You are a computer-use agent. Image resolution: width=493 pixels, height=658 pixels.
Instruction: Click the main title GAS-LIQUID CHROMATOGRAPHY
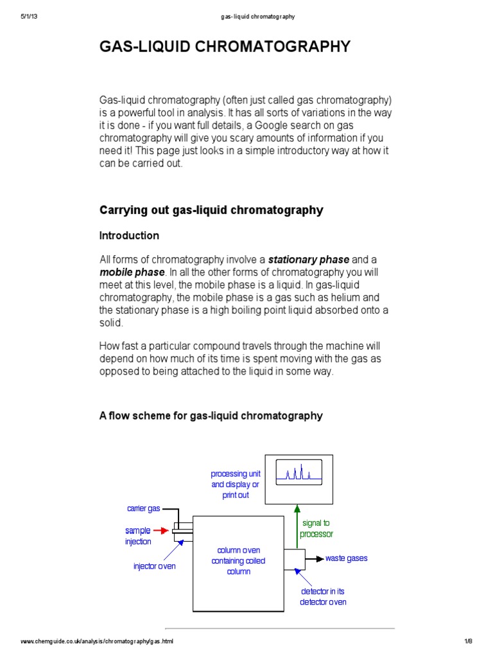pos(225,46)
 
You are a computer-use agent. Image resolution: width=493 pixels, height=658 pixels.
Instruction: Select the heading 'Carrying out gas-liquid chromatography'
pos(211,210)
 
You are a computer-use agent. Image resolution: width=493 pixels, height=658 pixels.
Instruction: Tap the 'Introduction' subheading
pos(129,236)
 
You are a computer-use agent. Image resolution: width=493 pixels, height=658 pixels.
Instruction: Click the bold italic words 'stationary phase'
pos(308,260)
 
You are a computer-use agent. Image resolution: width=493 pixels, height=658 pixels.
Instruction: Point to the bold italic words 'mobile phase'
pos(132,272)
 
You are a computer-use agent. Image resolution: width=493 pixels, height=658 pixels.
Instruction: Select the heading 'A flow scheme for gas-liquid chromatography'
pos(211,416)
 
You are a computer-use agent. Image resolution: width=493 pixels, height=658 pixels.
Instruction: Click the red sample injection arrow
pos(161,531)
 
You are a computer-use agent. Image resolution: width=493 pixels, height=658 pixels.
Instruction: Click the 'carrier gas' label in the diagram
pos(143,508)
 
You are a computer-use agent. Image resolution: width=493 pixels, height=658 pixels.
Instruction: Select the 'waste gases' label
pos(347,558)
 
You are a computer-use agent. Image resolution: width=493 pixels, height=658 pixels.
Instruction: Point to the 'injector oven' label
pos(154,566)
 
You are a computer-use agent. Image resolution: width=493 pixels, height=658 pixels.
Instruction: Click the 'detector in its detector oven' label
pos(324,596)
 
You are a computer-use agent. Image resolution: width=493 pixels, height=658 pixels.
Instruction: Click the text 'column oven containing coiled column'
pos(238,561)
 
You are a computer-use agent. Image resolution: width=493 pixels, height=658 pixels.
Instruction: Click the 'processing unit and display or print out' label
pos(236,485)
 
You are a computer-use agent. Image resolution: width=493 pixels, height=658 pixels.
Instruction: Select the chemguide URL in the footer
pos(97,641)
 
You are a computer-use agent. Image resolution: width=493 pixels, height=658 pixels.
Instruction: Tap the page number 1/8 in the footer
pos(467,641)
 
